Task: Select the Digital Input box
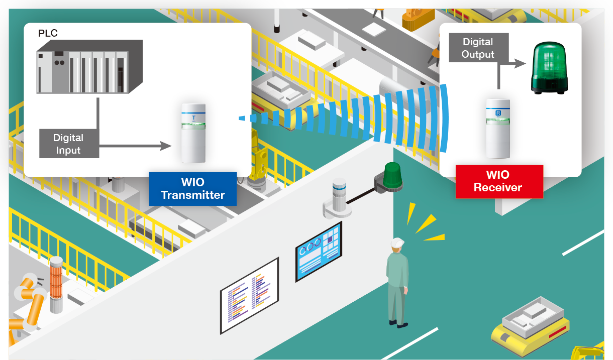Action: coord(68,143)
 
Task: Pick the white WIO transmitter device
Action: coord(193,133)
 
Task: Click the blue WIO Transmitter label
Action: coord(192,188)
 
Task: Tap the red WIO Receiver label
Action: coord(498,181)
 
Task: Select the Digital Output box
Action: coord(478,48)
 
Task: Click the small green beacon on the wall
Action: coord(391,176)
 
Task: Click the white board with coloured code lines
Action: coord(250,295)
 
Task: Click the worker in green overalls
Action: coord(397,284)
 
